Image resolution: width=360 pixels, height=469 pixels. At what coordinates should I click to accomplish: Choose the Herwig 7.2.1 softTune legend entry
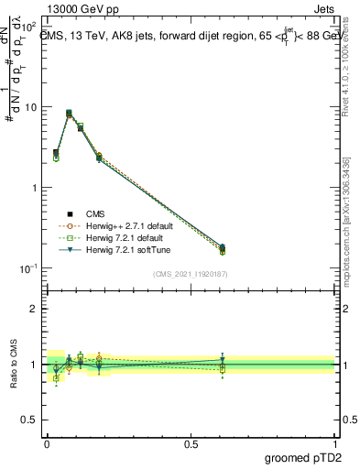click(116, 249)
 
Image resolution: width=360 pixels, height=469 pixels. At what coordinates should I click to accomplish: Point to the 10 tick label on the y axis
click(31, 107)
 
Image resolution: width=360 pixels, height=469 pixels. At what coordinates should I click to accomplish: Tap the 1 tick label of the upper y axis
click(35, 188)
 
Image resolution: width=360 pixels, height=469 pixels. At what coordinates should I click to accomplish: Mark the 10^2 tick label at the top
click(29, 27)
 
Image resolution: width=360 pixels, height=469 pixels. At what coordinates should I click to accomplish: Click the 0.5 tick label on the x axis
click(191, 444)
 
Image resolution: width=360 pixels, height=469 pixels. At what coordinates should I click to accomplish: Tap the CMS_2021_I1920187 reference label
click(190, 273)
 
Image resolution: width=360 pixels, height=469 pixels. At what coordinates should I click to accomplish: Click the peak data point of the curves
click(69, 114)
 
